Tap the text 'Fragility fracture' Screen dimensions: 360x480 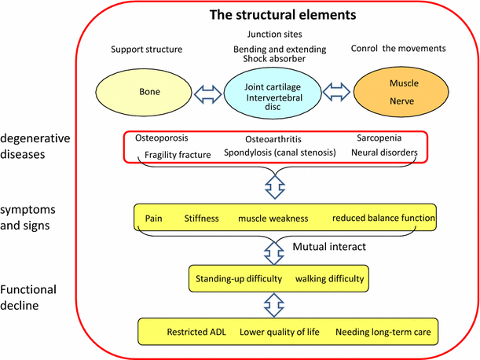[178, 155]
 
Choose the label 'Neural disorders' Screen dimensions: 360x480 [383, 154]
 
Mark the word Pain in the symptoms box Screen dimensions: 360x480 [154, 218]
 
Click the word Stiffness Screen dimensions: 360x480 [203, 218]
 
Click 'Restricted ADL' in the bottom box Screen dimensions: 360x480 [196, 332]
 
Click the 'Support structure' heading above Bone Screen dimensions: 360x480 [148, 49]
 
